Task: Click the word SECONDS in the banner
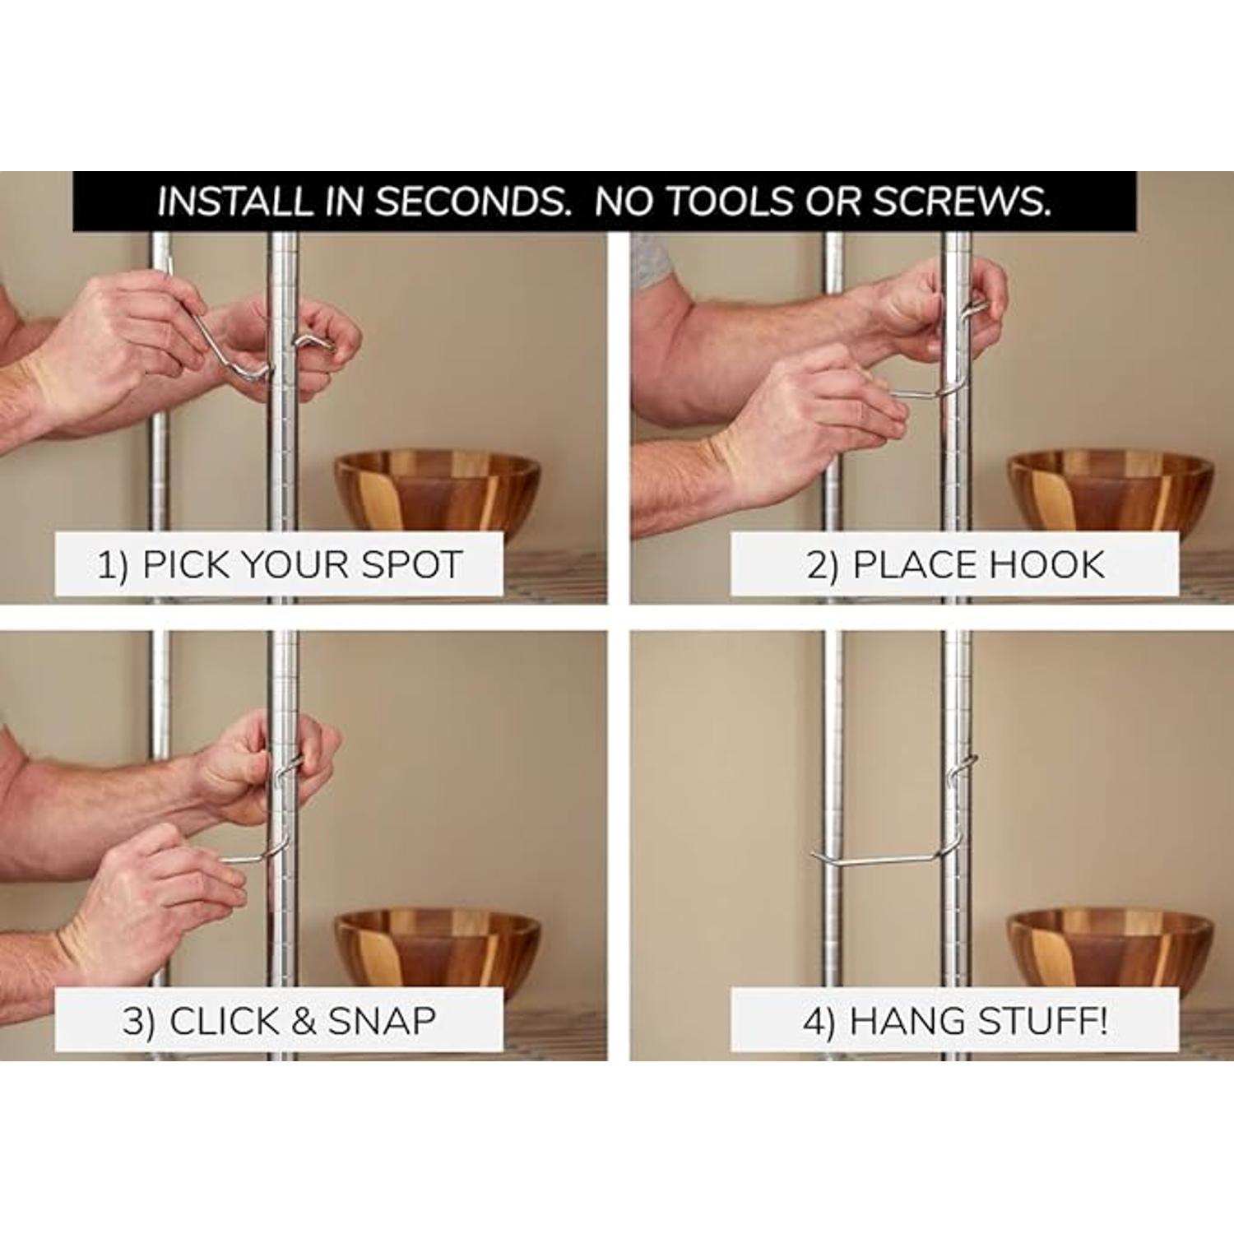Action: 473,202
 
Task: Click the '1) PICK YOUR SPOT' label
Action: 280,564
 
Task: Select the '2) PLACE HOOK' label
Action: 955,564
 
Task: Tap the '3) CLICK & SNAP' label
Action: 280,1021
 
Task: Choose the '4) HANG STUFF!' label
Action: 955,1021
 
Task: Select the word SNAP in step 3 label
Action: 382,1021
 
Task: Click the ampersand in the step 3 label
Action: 304,1021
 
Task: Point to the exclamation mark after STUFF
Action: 1101,1021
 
